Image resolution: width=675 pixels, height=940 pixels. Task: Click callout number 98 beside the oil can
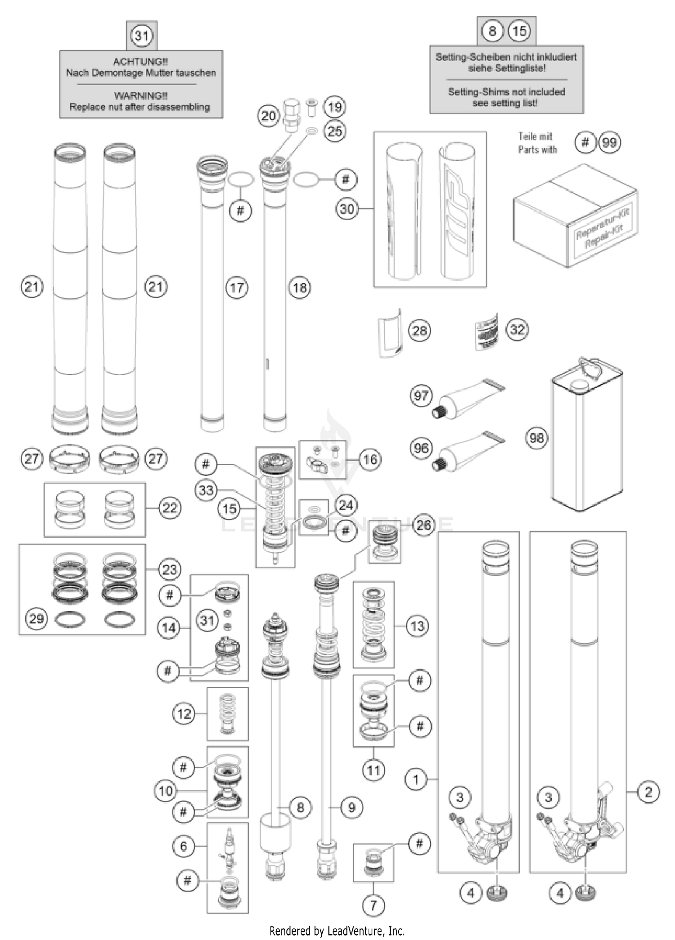[x=536, y=438]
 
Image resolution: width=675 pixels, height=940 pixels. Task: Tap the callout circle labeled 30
[x=347, y=209]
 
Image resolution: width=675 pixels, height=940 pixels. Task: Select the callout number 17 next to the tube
[x=237, y=287]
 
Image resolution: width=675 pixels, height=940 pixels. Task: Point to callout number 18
[x=300, y=287]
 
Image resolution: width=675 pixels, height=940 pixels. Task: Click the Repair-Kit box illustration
[x=575, y=216]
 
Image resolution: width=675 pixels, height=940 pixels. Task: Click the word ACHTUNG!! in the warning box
[x=140, y=62]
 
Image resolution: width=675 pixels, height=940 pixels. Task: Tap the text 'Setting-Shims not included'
[x=506, y=92]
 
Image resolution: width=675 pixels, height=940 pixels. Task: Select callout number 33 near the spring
[x=206, y=490]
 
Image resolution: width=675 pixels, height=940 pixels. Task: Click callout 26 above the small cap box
[x=423, y=525]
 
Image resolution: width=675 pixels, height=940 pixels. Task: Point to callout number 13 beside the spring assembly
[x=417, y=626]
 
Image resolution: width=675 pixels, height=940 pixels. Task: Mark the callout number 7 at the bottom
[x=373, y=905]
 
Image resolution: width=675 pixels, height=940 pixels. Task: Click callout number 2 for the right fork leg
[x=648, y=792]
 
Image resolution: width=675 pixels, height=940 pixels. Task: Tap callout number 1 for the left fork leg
[x=416, y=779]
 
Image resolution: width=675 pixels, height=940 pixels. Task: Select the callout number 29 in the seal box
[x=36, y=618]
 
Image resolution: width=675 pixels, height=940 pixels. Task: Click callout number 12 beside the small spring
[x=184, y=713]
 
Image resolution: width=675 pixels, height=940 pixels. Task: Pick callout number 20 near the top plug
[x=269, y=116]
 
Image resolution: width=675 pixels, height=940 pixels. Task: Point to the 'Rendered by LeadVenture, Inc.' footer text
[x=337, y=931]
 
